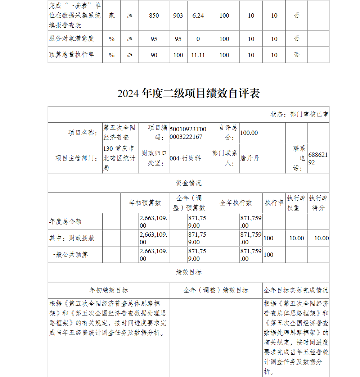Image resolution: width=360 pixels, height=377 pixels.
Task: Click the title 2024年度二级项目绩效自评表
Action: pyautogui.click(x=189, y=94)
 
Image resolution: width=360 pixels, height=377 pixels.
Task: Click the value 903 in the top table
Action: pyautogui.click(x=178, y=15)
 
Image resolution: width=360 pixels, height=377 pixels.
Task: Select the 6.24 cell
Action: pyautogui.click(x=198, y=15)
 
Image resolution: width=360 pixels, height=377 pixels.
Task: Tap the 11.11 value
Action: pyautogui.click(x=198, y=55)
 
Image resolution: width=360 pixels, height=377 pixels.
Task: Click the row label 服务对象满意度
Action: pyautogui.click(x=71, y=38)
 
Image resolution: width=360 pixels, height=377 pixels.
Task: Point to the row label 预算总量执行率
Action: pyautogui.click(x=71, y=55)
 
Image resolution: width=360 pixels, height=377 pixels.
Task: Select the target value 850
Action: pyautogui.click(x=154, y=15)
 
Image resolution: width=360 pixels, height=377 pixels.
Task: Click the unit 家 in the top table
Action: pyautogui.click(x=112, y=15)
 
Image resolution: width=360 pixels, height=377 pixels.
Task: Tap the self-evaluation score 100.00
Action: pyautogui.click(x=249, y=133)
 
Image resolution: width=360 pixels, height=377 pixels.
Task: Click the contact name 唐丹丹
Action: pyautogui.click(x=249, y=158)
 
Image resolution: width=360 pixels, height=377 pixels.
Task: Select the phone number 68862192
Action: pyautogui.click(x=318, y=158)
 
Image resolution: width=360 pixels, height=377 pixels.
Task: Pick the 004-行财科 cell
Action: pyautogui.click(x=185, y=158)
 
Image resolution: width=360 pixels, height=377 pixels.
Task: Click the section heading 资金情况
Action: pyautogui.click(x=189, y=183)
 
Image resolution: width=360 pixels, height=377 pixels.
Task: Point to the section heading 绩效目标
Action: pyautogui.click(x=189, y=272)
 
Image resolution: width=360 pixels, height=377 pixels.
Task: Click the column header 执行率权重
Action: pyautogui.click(x=296, y=203)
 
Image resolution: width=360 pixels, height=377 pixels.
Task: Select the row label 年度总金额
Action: pyautogui.click(x=66, y=222)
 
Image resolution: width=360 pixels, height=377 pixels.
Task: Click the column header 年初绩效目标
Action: pyautogui.click(x=108, y=290)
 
